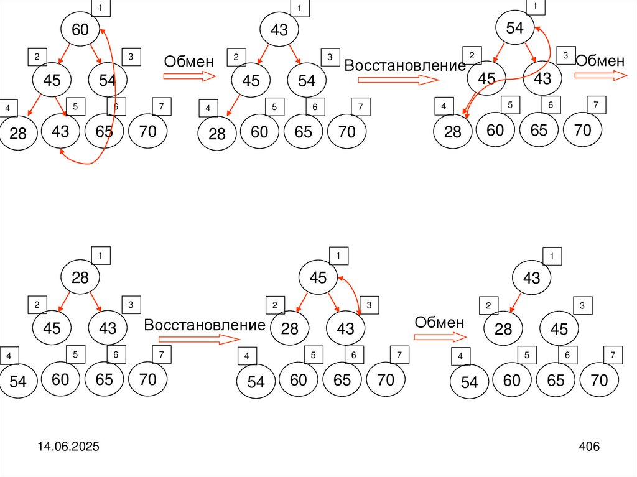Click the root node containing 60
[x=80, y=29]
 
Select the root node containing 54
[x=515, y=28]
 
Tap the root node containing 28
[x=80, y=277]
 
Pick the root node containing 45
[x=318, y=278]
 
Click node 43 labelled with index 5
[x=60, y=131]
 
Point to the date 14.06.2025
[x=68, y=447]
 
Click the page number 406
[x=588, y=447]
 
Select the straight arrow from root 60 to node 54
[x=98, y=53]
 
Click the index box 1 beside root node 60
[x=100, y=8]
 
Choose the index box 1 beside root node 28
[x=100, y=256]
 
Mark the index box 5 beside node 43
[x=75, y=107]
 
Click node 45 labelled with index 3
[x=559, y=329]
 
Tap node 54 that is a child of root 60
[x=107, y=80]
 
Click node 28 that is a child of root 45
[x=290, y=329]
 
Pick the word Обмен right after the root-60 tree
[x=188, y=62]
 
